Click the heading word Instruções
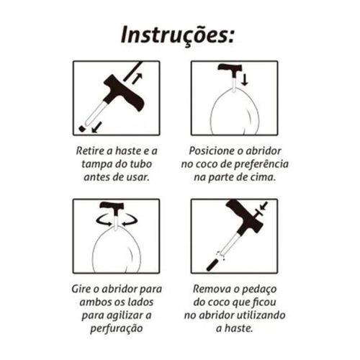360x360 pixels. click(x=178, y=36)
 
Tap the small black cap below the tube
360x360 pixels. click(x=82, y=128)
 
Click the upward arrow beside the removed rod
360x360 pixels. click(x=137, y=78)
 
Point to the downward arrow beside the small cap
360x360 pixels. click(x=97, y=127)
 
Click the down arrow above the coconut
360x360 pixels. click(x=244, y=80)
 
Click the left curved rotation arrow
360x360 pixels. click(x=104, y=220)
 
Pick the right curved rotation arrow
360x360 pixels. click(x=130, y=220)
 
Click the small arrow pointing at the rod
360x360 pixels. click(x=264, y=205)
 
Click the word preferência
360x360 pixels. click(x=261, y=165)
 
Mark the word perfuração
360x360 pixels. click(x=117, y=328)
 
